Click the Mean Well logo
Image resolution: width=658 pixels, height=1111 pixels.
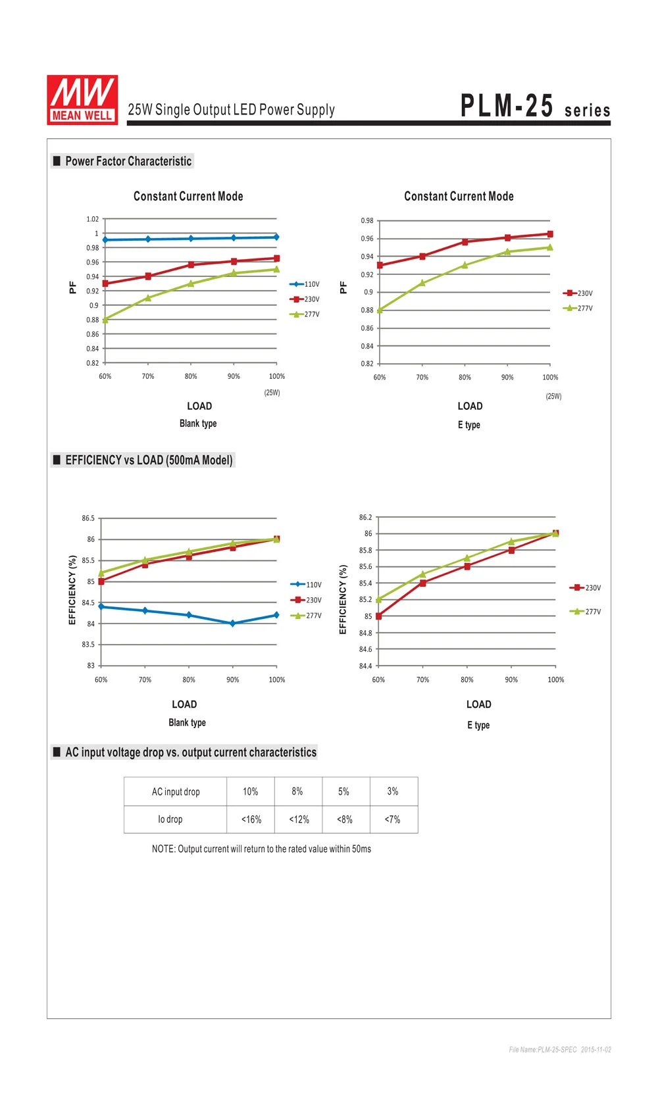82,100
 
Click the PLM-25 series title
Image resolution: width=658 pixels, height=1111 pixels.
535,106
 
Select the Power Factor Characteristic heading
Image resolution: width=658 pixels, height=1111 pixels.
128,161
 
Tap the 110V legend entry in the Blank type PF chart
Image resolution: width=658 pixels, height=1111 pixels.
305,284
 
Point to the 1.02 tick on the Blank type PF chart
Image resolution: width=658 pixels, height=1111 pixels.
92,219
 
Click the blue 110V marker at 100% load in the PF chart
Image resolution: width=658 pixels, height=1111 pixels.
276,237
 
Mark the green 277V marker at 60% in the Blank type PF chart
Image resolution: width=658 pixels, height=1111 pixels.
105,320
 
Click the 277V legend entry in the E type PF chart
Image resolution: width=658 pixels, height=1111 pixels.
578,308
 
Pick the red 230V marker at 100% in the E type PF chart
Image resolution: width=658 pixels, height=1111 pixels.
550,234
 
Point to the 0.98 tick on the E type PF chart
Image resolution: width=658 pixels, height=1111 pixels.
367,221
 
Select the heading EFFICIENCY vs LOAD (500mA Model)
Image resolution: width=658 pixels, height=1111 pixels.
149,460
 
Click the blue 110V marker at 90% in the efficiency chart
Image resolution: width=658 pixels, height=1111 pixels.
233,624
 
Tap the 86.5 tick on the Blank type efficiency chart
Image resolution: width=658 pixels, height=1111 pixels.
88,518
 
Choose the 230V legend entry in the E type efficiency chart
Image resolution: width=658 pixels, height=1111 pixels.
586,588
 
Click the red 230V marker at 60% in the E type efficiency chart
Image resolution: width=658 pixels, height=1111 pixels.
378,616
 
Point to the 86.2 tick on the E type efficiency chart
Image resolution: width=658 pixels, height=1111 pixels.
366,517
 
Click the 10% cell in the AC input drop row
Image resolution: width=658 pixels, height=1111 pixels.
251,791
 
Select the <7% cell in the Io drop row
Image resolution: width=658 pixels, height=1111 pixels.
393,820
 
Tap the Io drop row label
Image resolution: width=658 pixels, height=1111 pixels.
170,820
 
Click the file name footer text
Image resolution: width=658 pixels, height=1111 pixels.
560,1050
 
